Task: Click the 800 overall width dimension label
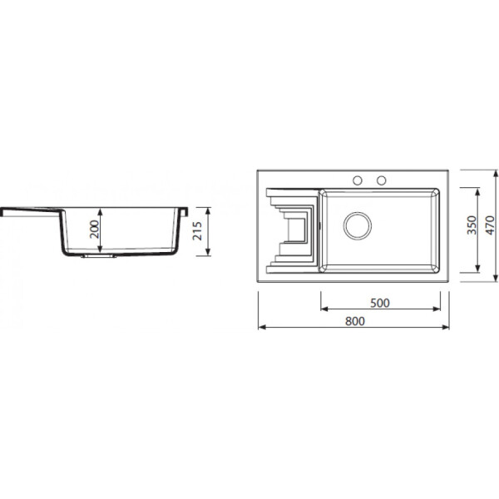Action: coord(355,321)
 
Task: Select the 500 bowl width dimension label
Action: coord(380,303)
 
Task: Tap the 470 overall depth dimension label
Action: coord(491,225)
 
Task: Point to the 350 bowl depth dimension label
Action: coord(472,225)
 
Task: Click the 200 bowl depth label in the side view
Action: coord(95,230)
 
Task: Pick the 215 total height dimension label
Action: coord(198,231)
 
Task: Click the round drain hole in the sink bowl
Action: coord(358,225)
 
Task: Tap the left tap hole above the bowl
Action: coord(358,180)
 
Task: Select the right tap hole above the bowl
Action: coord(381,180)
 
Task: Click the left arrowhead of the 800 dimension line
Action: coord(262,327)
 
